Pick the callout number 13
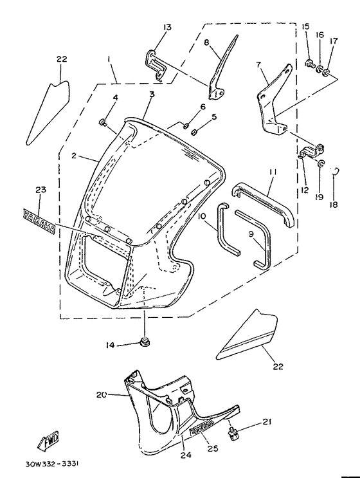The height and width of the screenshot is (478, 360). [167, 27]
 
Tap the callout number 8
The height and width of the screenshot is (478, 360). [207, 42]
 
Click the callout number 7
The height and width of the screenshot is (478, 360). [258, 64]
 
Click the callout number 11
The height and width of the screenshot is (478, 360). [273, 173]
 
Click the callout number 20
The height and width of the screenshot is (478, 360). [101, 395]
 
